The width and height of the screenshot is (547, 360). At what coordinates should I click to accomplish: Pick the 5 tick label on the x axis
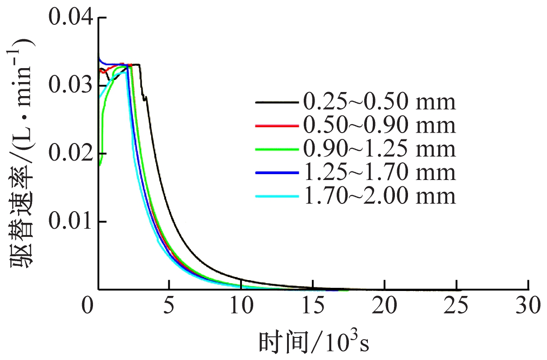pos(169,306)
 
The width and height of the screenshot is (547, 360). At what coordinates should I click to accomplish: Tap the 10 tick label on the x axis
pos(241,306)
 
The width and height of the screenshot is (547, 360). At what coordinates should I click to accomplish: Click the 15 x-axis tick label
pos(313,306)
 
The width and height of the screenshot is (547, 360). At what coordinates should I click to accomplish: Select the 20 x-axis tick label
pos(384,306)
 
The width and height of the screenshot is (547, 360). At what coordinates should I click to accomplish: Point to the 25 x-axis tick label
pos(456,306)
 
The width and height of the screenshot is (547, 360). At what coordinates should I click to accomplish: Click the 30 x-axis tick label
pos(528,306)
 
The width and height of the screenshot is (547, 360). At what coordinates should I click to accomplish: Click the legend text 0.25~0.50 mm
pos(379,103)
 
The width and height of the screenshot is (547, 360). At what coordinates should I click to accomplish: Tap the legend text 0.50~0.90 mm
pos(379,126)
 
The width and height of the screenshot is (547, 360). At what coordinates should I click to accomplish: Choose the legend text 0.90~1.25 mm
pos(379,149)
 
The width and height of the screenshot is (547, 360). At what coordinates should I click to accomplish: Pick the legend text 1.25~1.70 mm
pos(379,173)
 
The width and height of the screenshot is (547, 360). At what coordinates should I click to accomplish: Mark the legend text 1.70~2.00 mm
pos(379,196)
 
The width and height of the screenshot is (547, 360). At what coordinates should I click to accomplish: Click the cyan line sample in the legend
pos(277,197)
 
